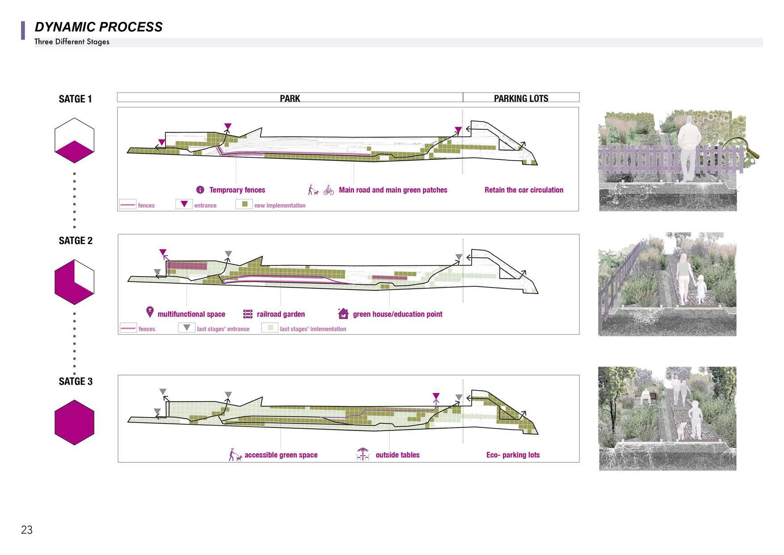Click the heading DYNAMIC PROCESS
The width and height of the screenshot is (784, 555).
click(98, 27)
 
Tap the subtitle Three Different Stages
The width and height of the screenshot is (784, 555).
click(72, 42)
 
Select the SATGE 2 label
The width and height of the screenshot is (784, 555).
click(76, 241)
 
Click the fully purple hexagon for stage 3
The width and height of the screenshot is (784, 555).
click(74, 423)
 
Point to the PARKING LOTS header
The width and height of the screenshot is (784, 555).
click(521, 98)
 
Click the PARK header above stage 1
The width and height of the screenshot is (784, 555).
click(290, 98)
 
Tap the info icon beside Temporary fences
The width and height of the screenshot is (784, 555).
click(200, 190)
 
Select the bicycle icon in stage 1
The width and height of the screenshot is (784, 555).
click(329, 190)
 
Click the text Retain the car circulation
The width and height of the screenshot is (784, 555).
click(524, 190)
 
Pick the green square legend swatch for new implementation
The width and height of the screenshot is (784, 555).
click(244, 204)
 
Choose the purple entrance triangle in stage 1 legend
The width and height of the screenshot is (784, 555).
click(184, 204)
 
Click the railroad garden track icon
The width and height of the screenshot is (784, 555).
click(248, 314)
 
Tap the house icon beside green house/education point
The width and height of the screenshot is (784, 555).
click(343, 313)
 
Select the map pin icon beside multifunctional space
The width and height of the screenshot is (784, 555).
click(150, 312)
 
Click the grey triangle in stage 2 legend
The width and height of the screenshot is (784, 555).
click(187, 328)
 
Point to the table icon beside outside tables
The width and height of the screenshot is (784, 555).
click(363, 454)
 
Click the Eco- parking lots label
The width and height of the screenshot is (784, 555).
click(513, 455)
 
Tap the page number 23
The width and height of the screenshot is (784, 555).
click(27, 530)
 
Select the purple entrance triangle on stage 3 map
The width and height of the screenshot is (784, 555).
click(436, 396)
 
